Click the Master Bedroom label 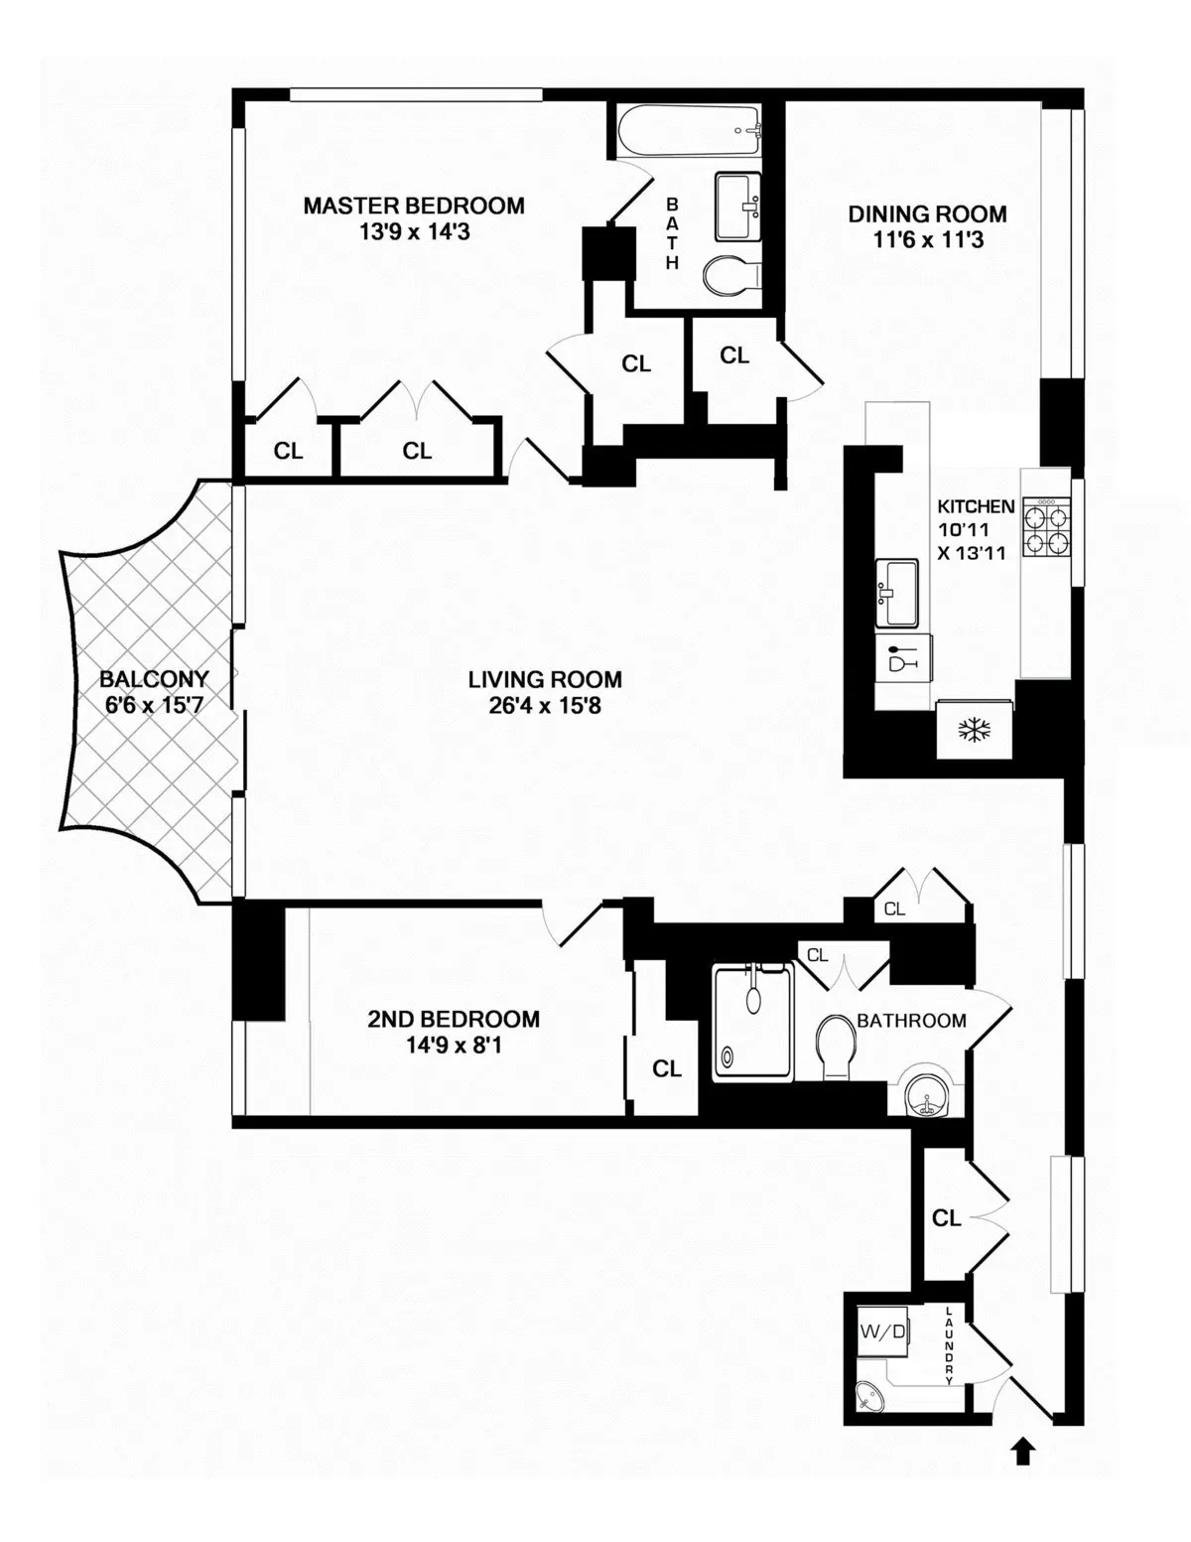point(414,206)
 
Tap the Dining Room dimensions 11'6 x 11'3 point(927,239)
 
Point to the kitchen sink point(900,593)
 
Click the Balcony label point(154,680)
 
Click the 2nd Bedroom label point(454,1019)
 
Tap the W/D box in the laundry point(882,1332)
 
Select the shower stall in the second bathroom point(753,1025)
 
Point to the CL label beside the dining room point(734,355)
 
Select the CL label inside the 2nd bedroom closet point(667,1068)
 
